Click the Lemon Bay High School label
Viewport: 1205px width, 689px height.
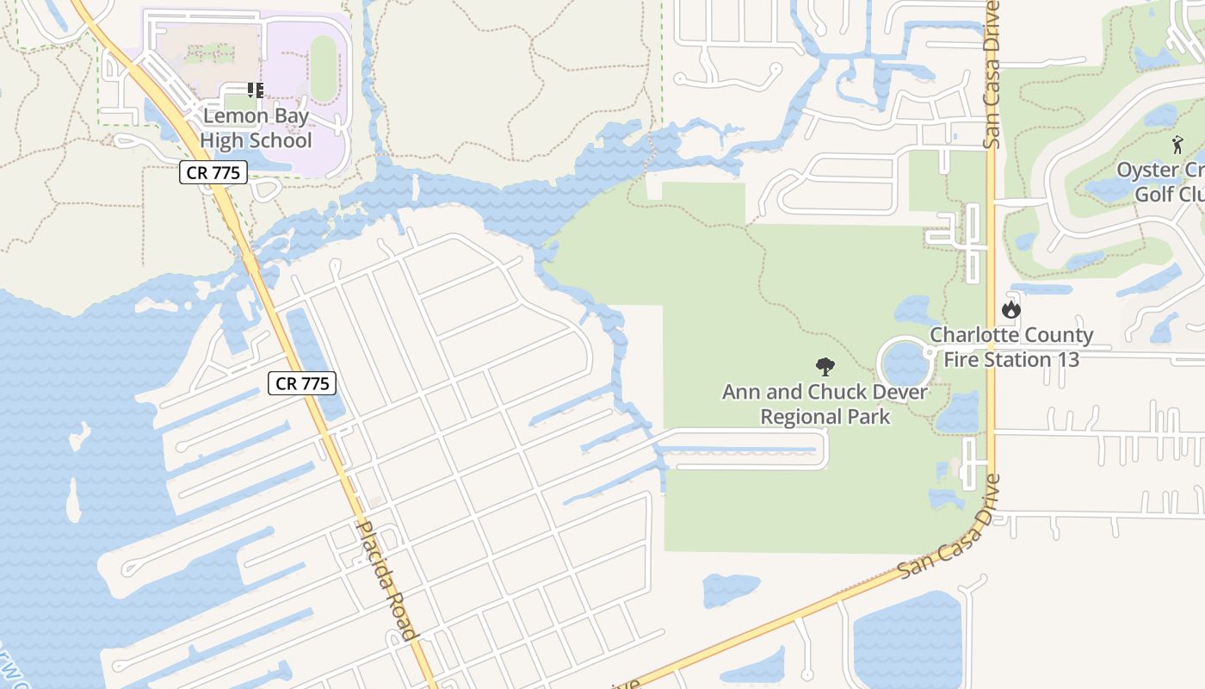point(256,127)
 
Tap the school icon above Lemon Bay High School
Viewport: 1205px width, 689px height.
point(256,90)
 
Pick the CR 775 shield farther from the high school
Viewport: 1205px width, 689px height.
point(302,383)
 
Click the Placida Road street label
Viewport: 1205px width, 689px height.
point(386,580)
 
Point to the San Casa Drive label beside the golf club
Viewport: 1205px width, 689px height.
point(992,75)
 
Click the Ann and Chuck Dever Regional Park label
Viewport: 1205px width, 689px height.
point(825,405)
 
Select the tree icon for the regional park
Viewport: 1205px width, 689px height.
point(825,367)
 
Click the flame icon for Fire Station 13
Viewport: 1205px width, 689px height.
point(1011,308)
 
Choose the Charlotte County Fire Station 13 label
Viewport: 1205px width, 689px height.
point(1011,347)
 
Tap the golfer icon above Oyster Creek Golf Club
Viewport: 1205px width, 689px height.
point(1177,145)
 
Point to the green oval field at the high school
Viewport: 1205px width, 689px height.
point(324,68)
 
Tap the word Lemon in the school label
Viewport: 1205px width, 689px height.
point(232,115)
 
